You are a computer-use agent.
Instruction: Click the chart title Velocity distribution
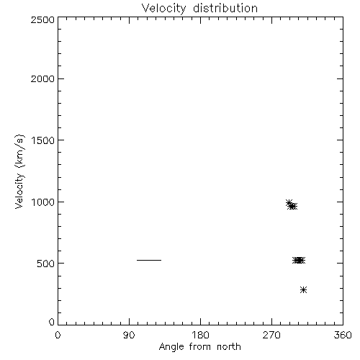[199, 9]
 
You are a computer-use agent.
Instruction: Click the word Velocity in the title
[163, 9]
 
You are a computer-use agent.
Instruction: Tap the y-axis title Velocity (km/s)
[19, 171]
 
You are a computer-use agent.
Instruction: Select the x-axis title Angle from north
[199, 347]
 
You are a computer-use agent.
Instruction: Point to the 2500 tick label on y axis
[42, 19]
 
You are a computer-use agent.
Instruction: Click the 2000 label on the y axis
[42, 78]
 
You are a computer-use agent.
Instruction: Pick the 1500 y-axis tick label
[43, 140]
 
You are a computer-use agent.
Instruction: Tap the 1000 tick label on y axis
[43, 202]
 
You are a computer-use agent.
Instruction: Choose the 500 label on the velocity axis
[46, 264]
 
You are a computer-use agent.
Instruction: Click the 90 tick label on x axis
[129, 335]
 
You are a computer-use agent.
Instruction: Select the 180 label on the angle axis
[200, 335]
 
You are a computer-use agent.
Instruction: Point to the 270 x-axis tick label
[271, 335]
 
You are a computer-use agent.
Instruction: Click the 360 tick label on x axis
[343, 335]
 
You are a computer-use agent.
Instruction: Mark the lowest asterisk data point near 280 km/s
[303, 289]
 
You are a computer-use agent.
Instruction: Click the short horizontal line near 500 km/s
[149, 260]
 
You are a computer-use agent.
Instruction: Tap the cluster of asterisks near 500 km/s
[299, 260]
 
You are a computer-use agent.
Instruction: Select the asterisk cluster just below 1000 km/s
[292, 205]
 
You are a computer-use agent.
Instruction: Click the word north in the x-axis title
[229, 347]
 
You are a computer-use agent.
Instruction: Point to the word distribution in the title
[225, 9]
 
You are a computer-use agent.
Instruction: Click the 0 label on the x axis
[58, 335]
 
